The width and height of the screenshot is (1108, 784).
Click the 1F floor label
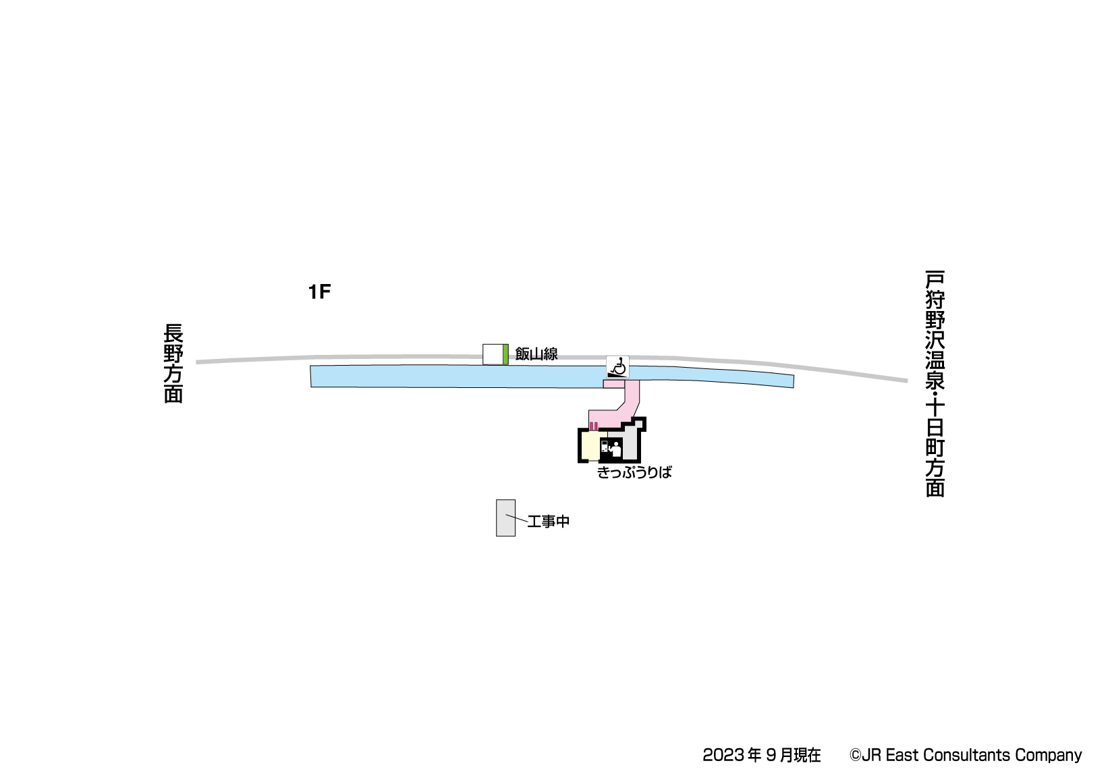(x=319, y=292)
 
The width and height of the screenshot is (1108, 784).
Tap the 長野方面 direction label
(x=173, y=364)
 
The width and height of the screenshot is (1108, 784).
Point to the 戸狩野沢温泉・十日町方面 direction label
(x=935, y=383)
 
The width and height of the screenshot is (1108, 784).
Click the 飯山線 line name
(x=536, y=354)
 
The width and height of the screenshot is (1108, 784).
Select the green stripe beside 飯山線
(x=505, y=354)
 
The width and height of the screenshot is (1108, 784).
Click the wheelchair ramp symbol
(x=617, y=367)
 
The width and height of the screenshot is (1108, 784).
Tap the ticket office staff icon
(x=615, y=448)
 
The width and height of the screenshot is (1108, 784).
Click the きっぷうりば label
(x=634, y=472)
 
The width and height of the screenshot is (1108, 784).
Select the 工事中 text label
(x=549, y=522)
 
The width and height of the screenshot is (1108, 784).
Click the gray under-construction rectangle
(x=505, y=518)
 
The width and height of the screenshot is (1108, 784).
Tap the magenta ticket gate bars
(x=594, y=426)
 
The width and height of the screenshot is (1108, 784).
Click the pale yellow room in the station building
(x=590, y=446)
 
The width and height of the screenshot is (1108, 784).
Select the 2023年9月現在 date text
(x=761, y=755)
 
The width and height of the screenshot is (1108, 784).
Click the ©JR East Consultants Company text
(x=965, y=755)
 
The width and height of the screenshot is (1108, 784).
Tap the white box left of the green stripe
(x=493, y=354)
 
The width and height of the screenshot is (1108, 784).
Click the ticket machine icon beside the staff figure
(x=605, y=447)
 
